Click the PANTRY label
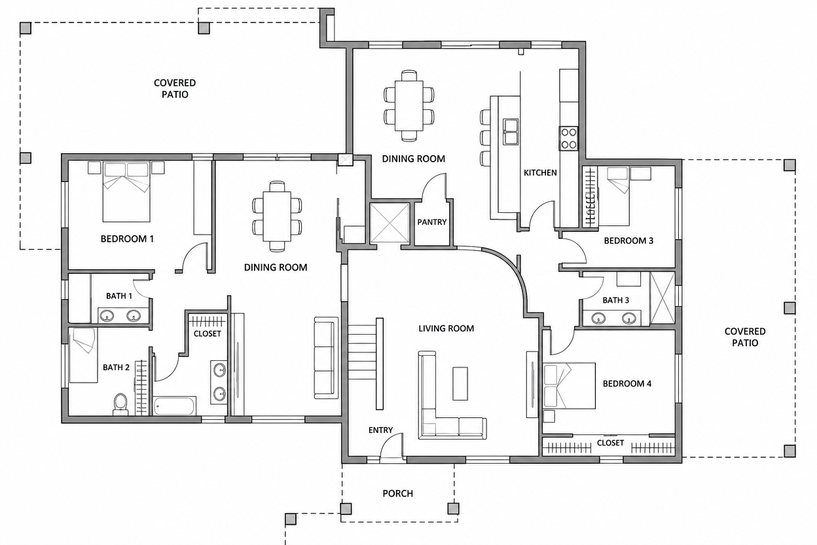click(432, 222)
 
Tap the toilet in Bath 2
click(120, 404)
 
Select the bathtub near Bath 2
click(174, 406)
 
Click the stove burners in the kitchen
click(569, 139)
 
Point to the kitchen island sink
click(511, 132)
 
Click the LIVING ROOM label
click(446, 329)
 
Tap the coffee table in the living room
click(460, 384)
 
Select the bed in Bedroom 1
click(126, 192)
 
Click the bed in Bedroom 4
click(569, 386)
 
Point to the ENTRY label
click(380, 430)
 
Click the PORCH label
click(397, 493)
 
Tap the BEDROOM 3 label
click(628, 241)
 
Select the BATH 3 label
click(615, 301)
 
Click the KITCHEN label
click(540, 173)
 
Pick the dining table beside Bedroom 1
click(277, 216)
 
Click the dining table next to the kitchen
click(409, 105)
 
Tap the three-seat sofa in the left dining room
click(326, 358)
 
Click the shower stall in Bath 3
click(663, 297)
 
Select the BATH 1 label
click(119, 296)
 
